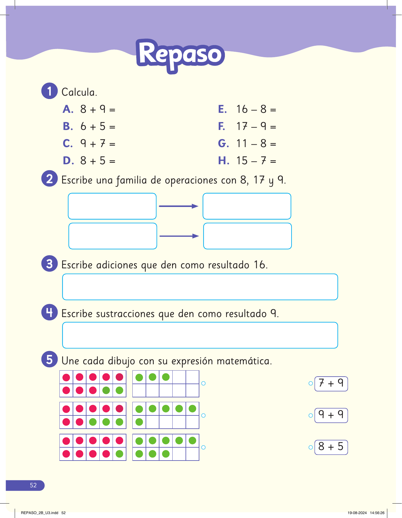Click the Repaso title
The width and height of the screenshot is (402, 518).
(180, 55)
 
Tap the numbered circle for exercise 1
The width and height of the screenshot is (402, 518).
(49, 91)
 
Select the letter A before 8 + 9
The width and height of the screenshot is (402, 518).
(68, 109)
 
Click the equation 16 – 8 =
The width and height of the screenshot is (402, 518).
(256, 109)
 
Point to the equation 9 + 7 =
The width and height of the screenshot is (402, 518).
(98, 143)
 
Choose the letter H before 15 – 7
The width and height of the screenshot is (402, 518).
(223, 161)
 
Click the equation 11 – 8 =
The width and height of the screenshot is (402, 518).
(256, 143)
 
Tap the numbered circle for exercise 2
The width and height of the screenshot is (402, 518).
(49, 179)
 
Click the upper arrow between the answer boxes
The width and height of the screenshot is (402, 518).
(179, 206)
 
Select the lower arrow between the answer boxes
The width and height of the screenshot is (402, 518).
(179, 236)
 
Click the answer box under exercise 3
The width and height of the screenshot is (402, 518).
(200, 287)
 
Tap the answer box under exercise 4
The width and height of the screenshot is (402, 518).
(200, 335)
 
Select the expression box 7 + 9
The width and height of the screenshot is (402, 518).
(331, 384)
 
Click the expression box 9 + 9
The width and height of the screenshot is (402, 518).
(331, 415)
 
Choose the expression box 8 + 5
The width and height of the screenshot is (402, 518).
(331, 447)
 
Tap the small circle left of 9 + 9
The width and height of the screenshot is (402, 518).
(311, 415)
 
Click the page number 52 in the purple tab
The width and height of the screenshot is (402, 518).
(33, 485)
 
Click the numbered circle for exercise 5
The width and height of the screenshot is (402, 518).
(49, 359)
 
